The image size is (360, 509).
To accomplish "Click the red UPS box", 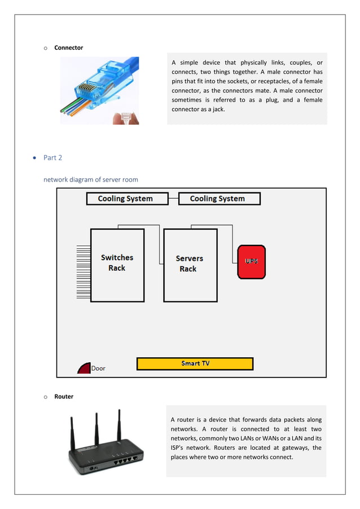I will pos(251,261).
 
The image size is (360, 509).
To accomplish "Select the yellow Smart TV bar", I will pos(195,363).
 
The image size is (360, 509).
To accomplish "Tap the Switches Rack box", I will pos(117,265).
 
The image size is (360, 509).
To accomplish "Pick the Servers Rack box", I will pos(189,265).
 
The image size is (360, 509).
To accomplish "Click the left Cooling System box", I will pos(127,199).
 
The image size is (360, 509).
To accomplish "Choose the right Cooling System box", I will pos(219,199).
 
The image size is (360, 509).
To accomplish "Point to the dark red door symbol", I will pos(84,368).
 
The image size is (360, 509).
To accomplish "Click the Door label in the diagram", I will pos(99,368).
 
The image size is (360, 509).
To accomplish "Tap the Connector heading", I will pos(68,48).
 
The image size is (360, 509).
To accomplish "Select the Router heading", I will pos(64,397).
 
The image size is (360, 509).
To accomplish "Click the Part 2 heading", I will pos(52,157).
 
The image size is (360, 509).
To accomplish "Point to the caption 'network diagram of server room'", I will pos(91,179).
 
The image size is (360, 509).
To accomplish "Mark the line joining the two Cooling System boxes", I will pos(173,199).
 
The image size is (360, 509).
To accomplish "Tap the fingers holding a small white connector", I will pos(128,117).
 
